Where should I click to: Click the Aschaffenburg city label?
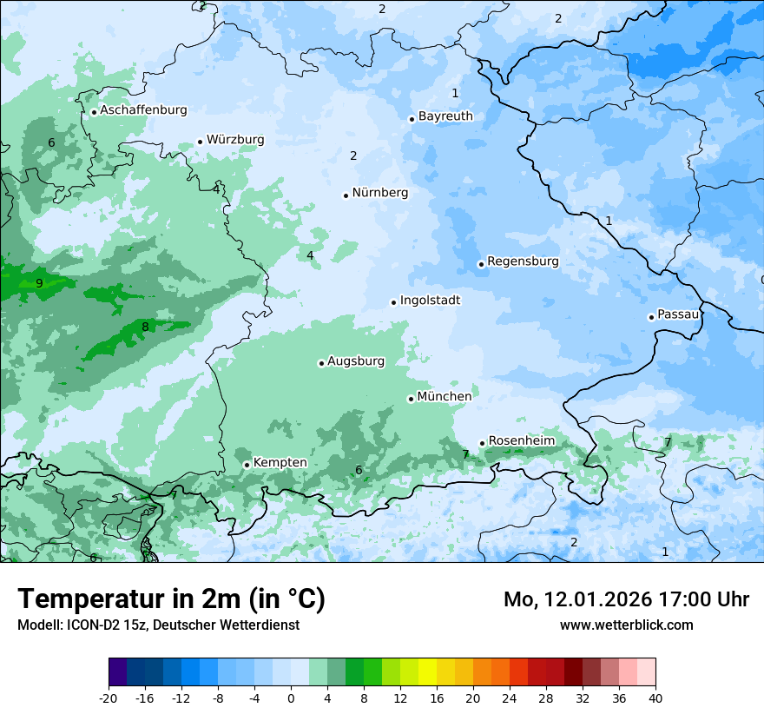pyautogui.click(x=143, y=110)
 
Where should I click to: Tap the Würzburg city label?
pyautogui.click(x=235, y=140)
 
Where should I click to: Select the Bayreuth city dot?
pyautogui.click(x=412, y=119)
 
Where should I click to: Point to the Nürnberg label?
pyautogui.click(x=379, y=193)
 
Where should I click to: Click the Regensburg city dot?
pyautogui.click(x=481, y=264)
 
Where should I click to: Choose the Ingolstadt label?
pyautogui.click(x=430, y=301)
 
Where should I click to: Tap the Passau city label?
pyautogui.click(x=678, y=314)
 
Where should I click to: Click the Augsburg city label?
pyautogui.click(x=356, y=361)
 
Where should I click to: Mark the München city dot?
pyautogui.click(x=411, y=399)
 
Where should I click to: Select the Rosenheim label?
pyautogui.click(x=521, y=441)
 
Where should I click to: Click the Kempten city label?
pyautogui.click(x=280, y=463)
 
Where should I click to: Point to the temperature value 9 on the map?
pyautogui.click(x=39, y=283)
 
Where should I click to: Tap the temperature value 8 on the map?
pyautogui.click(x=145, y=327)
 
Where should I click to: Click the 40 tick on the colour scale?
pyautogui.click(x=655, y=698)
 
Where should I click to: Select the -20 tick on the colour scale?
pyautogui.click(x=109, y=698)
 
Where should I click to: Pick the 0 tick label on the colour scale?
pyautogui.click(x=291, y=698)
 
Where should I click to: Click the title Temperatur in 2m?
pyautogui.click(x=171, y=599)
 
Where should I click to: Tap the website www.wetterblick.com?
pyautogui.click(x=626, y=625)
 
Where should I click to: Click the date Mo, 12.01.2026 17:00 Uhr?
pyautogui.click(x=626, y=599)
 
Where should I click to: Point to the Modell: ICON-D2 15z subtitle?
pyautogui.click(x=157, y=625)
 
